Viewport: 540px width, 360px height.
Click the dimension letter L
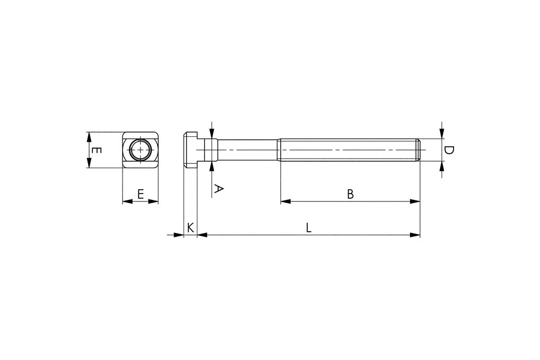(309, 227)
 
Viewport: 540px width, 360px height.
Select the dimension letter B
(350, 194)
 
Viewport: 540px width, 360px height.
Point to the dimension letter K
(190, 227)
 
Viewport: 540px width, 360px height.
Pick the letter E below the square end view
(141, 194)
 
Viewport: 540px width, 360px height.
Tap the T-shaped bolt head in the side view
(190, 150)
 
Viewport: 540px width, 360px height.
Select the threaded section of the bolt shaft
(347, 150)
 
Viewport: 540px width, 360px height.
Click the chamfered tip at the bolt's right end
(419, 150)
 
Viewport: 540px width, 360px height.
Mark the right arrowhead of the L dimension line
(415, 234)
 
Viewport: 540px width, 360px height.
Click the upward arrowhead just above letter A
(212, 167)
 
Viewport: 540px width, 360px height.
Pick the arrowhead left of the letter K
(179, 234)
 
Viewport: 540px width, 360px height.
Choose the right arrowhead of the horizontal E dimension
(154, 201)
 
